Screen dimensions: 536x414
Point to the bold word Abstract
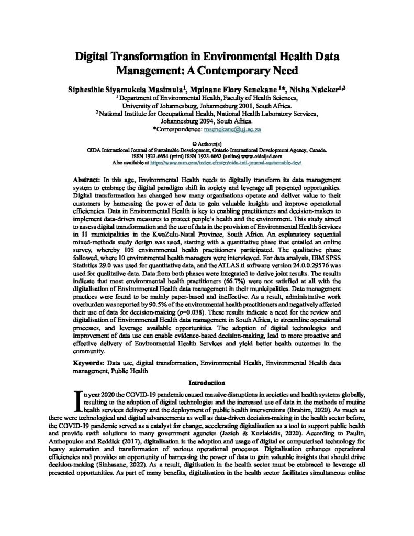click(83, 180)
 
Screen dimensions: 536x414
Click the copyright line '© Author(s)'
click(207, 142)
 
